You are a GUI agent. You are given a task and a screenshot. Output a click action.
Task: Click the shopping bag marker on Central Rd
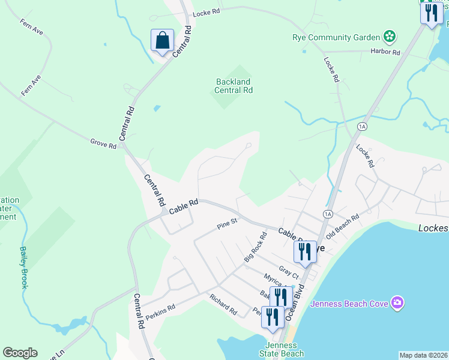162,41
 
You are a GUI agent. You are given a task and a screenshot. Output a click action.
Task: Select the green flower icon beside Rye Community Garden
390,37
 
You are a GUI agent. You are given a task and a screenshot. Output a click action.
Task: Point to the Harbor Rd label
385,52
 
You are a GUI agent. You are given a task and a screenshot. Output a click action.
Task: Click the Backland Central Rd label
234,86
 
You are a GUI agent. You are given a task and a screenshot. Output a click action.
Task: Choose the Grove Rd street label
103,142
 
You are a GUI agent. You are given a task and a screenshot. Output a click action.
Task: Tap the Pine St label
228,224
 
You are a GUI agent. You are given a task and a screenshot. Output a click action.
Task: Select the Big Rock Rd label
255,247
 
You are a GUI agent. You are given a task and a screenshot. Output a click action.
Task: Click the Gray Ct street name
288,271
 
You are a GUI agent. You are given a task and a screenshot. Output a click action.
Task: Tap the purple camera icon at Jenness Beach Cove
396,303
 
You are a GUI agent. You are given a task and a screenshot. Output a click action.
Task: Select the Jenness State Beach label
282,349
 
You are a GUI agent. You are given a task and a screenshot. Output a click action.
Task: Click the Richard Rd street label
223,305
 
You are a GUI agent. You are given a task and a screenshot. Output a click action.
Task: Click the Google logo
20,353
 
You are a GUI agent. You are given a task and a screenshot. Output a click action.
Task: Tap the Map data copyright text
424,355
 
